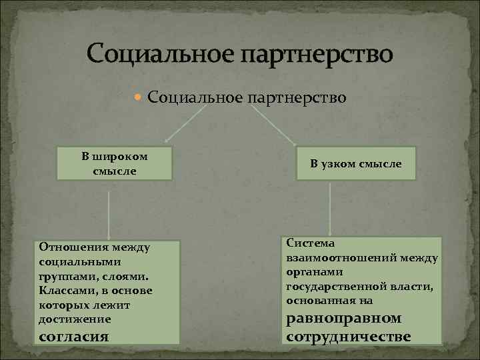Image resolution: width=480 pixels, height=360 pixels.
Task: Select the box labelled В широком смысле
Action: (x=115, y=164)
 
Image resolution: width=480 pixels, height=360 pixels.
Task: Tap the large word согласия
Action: (x=74, y=335)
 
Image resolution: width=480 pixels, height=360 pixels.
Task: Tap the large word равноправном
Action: (x=344, y=317)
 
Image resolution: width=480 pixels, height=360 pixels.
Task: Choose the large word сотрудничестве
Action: (x=348, y=335)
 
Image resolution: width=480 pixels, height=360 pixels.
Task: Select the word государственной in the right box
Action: (x=329, y=286)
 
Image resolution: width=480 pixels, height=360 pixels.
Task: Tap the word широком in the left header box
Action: (x=123, y=157)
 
